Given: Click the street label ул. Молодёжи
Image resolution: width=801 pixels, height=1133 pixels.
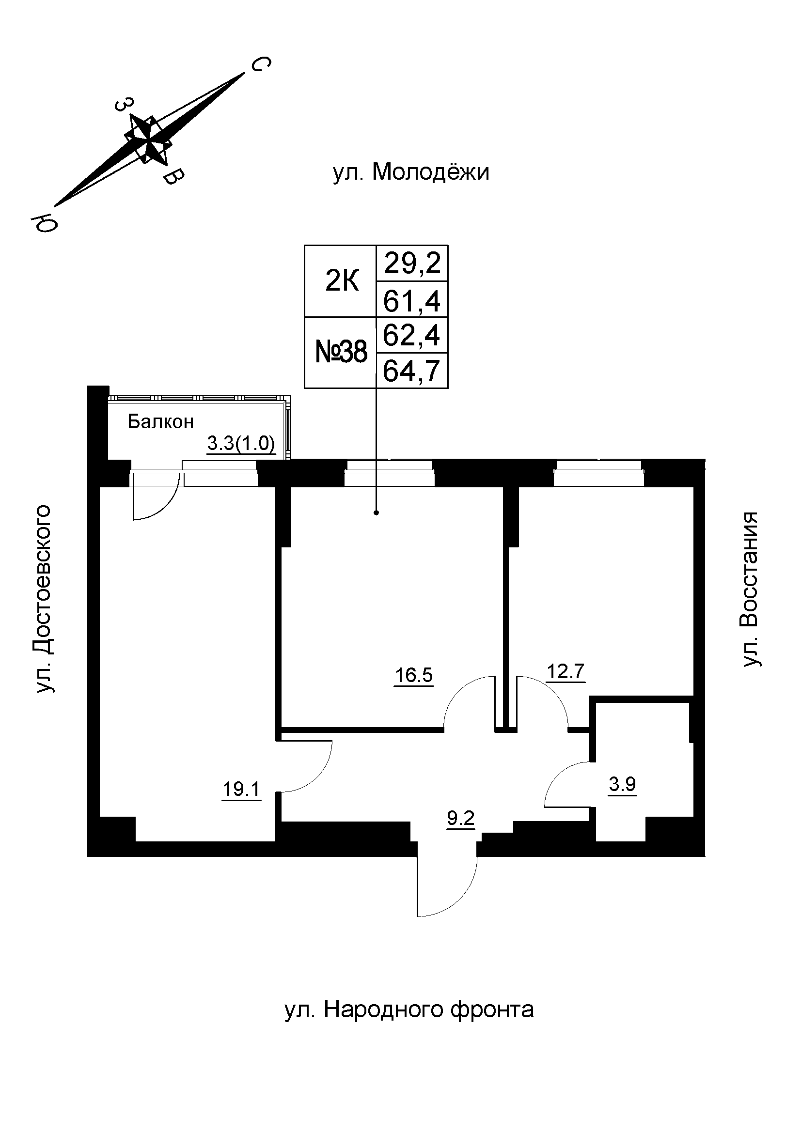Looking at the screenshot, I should pos(411,173).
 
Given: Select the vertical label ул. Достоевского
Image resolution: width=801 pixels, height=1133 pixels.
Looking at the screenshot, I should pos(45,599).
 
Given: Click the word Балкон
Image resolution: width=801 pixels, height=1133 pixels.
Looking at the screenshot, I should pos(160,421).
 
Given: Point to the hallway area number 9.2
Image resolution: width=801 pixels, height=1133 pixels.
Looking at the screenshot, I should pos(460,819).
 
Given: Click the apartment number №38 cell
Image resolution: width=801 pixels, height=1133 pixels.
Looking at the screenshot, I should pos(341,353).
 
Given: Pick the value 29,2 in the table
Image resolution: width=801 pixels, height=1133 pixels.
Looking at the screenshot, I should pos(412,264).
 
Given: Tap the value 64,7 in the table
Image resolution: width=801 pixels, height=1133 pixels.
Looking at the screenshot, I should pos(412,371).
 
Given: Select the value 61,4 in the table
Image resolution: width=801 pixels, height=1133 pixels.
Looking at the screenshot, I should pos(412,300).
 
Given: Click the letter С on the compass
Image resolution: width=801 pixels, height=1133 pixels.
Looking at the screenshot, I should pos(261,64).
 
